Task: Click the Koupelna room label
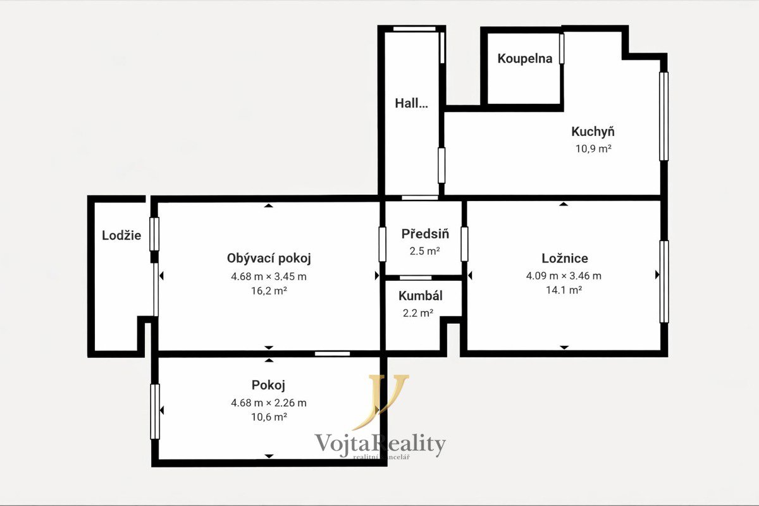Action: [525, 58]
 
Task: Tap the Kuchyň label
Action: [593, 132]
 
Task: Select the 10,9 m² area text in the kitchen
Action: [593, 149]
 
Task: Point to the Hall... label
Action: [411, 103]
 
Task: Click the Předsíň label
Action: [425, 233]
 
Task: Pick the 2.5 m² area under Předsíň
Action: [424, 251]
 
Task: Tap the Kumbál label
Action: [421, 295]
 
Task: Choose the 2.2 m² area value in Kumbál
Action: [418, 313]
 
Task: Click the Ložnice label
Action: [565, 258]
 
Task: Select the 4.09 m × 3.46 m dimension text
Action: [564, 276]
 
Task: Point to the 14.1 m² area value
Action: [564, 290]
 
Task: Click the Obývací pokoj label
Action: [269, 258]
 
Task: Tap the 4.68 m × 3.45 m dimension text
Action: [269, 276]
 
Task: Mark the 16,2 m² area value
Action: [269, 291]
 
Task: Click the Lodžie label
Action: [121, 235]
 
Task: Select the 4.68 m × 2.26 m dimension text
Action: [269, 403]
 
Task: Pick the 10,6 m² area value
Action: [269, 417]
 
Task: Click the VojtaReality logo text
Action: [380, 444]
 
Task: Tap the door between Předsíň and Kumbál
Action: [416, 278]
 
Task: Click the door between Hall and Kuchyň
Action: [441, 165]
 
